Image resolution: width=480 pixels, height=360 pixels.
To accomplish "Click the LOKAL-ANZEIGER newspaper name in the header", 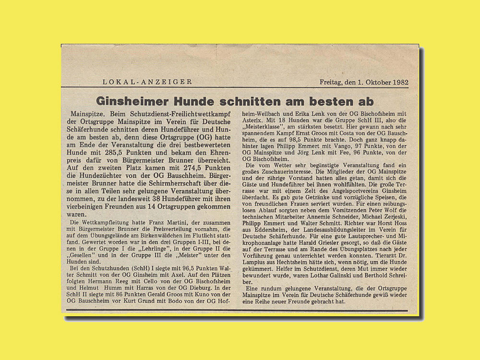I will coord(147,82).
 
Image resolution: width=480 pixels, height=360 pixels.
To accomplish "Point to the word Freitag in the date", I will coord(332,82).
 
